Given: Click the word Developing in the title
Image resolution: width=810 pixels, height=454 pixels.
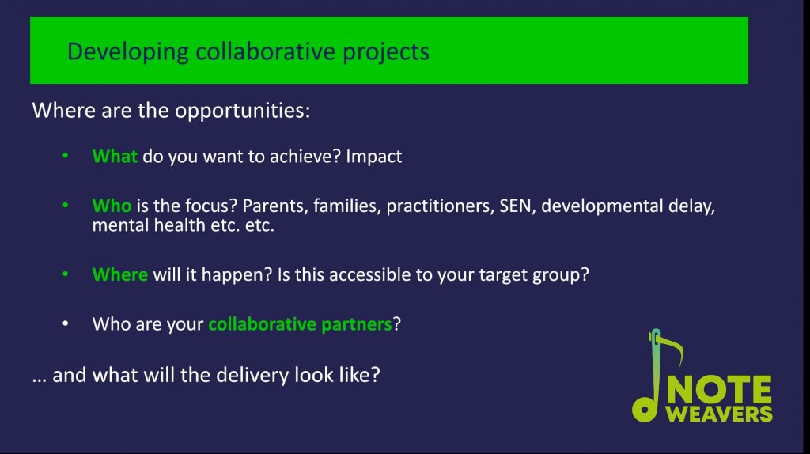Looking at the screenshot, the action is (127, 52).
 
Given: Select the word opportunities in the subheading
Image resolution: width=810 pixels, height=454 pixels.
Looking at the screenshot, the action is (242, 111).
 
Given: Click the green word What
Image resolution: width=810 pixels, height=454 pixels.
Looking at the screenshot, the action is (115, 156).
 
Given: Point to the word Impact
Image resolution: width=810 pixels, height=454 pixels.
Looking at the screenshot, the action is (373, 157).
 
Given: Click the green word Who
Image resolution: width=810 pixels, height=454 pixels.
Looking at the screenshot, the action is (112, 206).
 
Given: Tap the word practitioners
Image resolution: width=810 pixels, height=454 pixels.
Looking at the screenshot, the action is (437, 206).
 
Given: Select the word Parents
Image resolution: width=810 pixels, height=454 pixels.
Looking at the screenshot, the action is (276, 206).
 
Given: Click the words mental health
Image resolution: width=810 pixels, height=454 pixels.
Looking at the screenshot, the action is (149, 225).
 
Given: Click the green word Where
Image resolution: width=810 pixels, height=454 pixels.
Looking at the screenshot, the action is (120, 274).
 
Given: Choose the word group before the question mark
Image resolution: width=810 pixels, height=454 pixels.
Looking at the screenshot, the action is (556, 275).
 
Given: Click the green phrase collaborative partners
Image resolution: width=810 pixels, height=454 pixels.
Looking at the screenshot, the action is (300, 323).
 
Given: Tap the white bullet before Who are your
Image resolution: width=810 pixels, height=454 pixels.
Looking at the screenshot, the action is (66, 323).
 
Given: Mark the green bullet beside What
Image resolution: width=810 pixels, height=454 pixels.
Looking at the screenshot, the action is (66, 155).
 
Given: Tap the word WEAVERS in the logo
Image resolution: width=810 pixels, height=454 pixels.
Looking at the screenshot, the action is (719, 414).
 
